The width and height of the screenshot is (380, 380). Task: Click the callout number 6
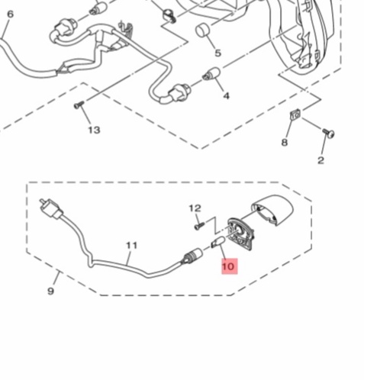10,14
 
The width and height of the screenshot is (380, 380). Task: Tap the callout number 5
218,53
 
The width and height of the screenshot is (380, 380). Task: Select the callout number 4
227,96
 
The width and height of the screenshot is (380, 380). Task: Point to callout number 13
94,130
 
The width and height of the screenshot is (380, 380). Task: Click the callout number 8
285,143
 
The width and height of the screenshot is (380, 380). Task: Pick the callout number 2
320,160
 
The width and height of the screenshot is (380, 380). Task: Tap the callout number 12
195,208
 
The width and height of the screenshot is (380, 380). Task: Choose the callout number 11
132,246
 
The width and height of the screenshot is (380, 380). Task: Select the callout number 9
51,291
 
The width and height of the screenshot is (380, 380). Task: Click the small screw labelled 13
79,105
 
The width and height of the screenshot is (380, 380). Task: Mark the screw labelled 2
329,133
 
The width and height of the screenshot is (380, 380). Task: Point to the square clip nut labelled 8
295,114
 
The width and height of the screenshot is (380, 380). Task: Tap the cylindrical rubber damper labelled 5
202,31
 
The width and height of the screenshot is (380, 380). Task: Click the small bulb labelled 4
211,73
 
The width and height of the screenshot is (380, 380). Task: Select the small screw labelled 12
200,225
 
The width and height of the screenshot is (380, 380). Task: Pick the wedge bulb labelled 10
217,241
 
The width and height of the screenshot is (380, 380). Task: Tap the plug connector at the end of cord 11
50,209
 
